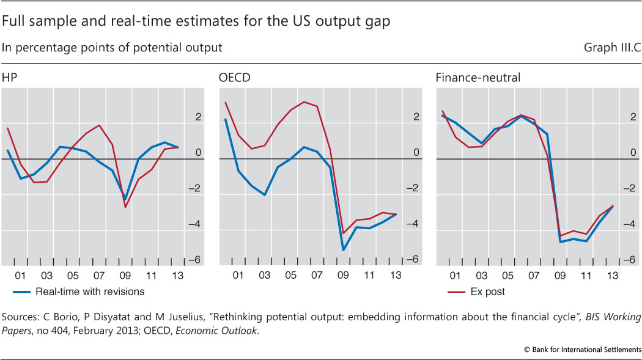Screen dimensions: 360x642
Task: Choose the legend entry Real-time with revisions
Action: pos(90,292)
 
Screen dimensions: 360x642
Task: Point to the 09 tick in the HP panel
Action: pos(125,276)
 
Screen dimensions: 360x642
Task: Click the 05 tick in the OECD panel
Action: pos(290,276)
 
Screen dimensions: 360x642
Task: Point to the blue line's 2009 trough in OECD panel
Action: pos(344,250)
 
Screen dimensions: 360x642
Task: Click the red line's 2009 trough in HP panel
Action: pos(125,207)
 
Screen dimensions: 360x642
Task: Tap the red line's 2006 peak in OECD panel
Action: pos(304,101)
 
